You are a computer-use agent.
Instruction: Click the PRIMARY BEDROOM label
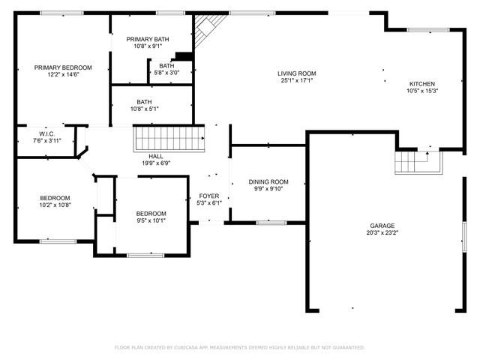pos(63,67)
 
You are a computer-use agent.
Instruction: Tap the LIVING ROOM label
pos(297,73)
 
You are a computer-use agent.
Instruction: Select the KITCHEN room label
pos(422,84)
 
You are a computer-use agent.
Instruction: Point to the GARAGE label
pos(382,226)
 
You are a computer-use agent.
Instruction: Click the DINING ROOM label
pos(268,181)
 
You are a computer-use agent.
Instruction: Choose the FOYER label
pos(209,196)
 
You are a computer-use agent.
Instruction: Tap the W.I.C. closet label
pos(47,134)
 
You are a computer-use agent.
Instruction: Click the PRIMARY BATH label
pos(148,39)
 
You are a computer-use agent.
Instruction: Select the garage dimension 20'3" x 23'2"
pos(382,232)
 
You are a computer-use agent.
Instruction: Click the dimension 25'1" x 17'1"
pos(297,80)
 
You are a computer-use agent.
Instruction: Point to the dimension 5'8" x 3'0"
pos(166,73)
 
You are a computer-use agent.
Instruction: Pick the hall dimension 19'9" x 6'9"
pos(156,163)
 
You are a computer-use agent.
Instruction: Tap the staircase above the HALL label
pos(169,139)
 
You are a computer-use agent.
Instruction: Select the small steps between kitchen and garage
pos(418,163)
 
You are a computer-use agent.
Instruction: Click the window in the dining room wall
pos(271,223)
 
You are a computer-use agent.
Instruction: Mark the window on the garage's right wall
pos(464,237)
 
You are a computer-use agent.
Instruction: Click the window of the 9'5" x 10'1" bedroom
pos(145,255)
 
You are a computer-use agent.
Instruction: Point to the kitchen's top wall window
pos(428,30)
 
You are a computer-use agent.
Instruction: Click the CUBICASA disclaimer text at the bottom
pos(240,347)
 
